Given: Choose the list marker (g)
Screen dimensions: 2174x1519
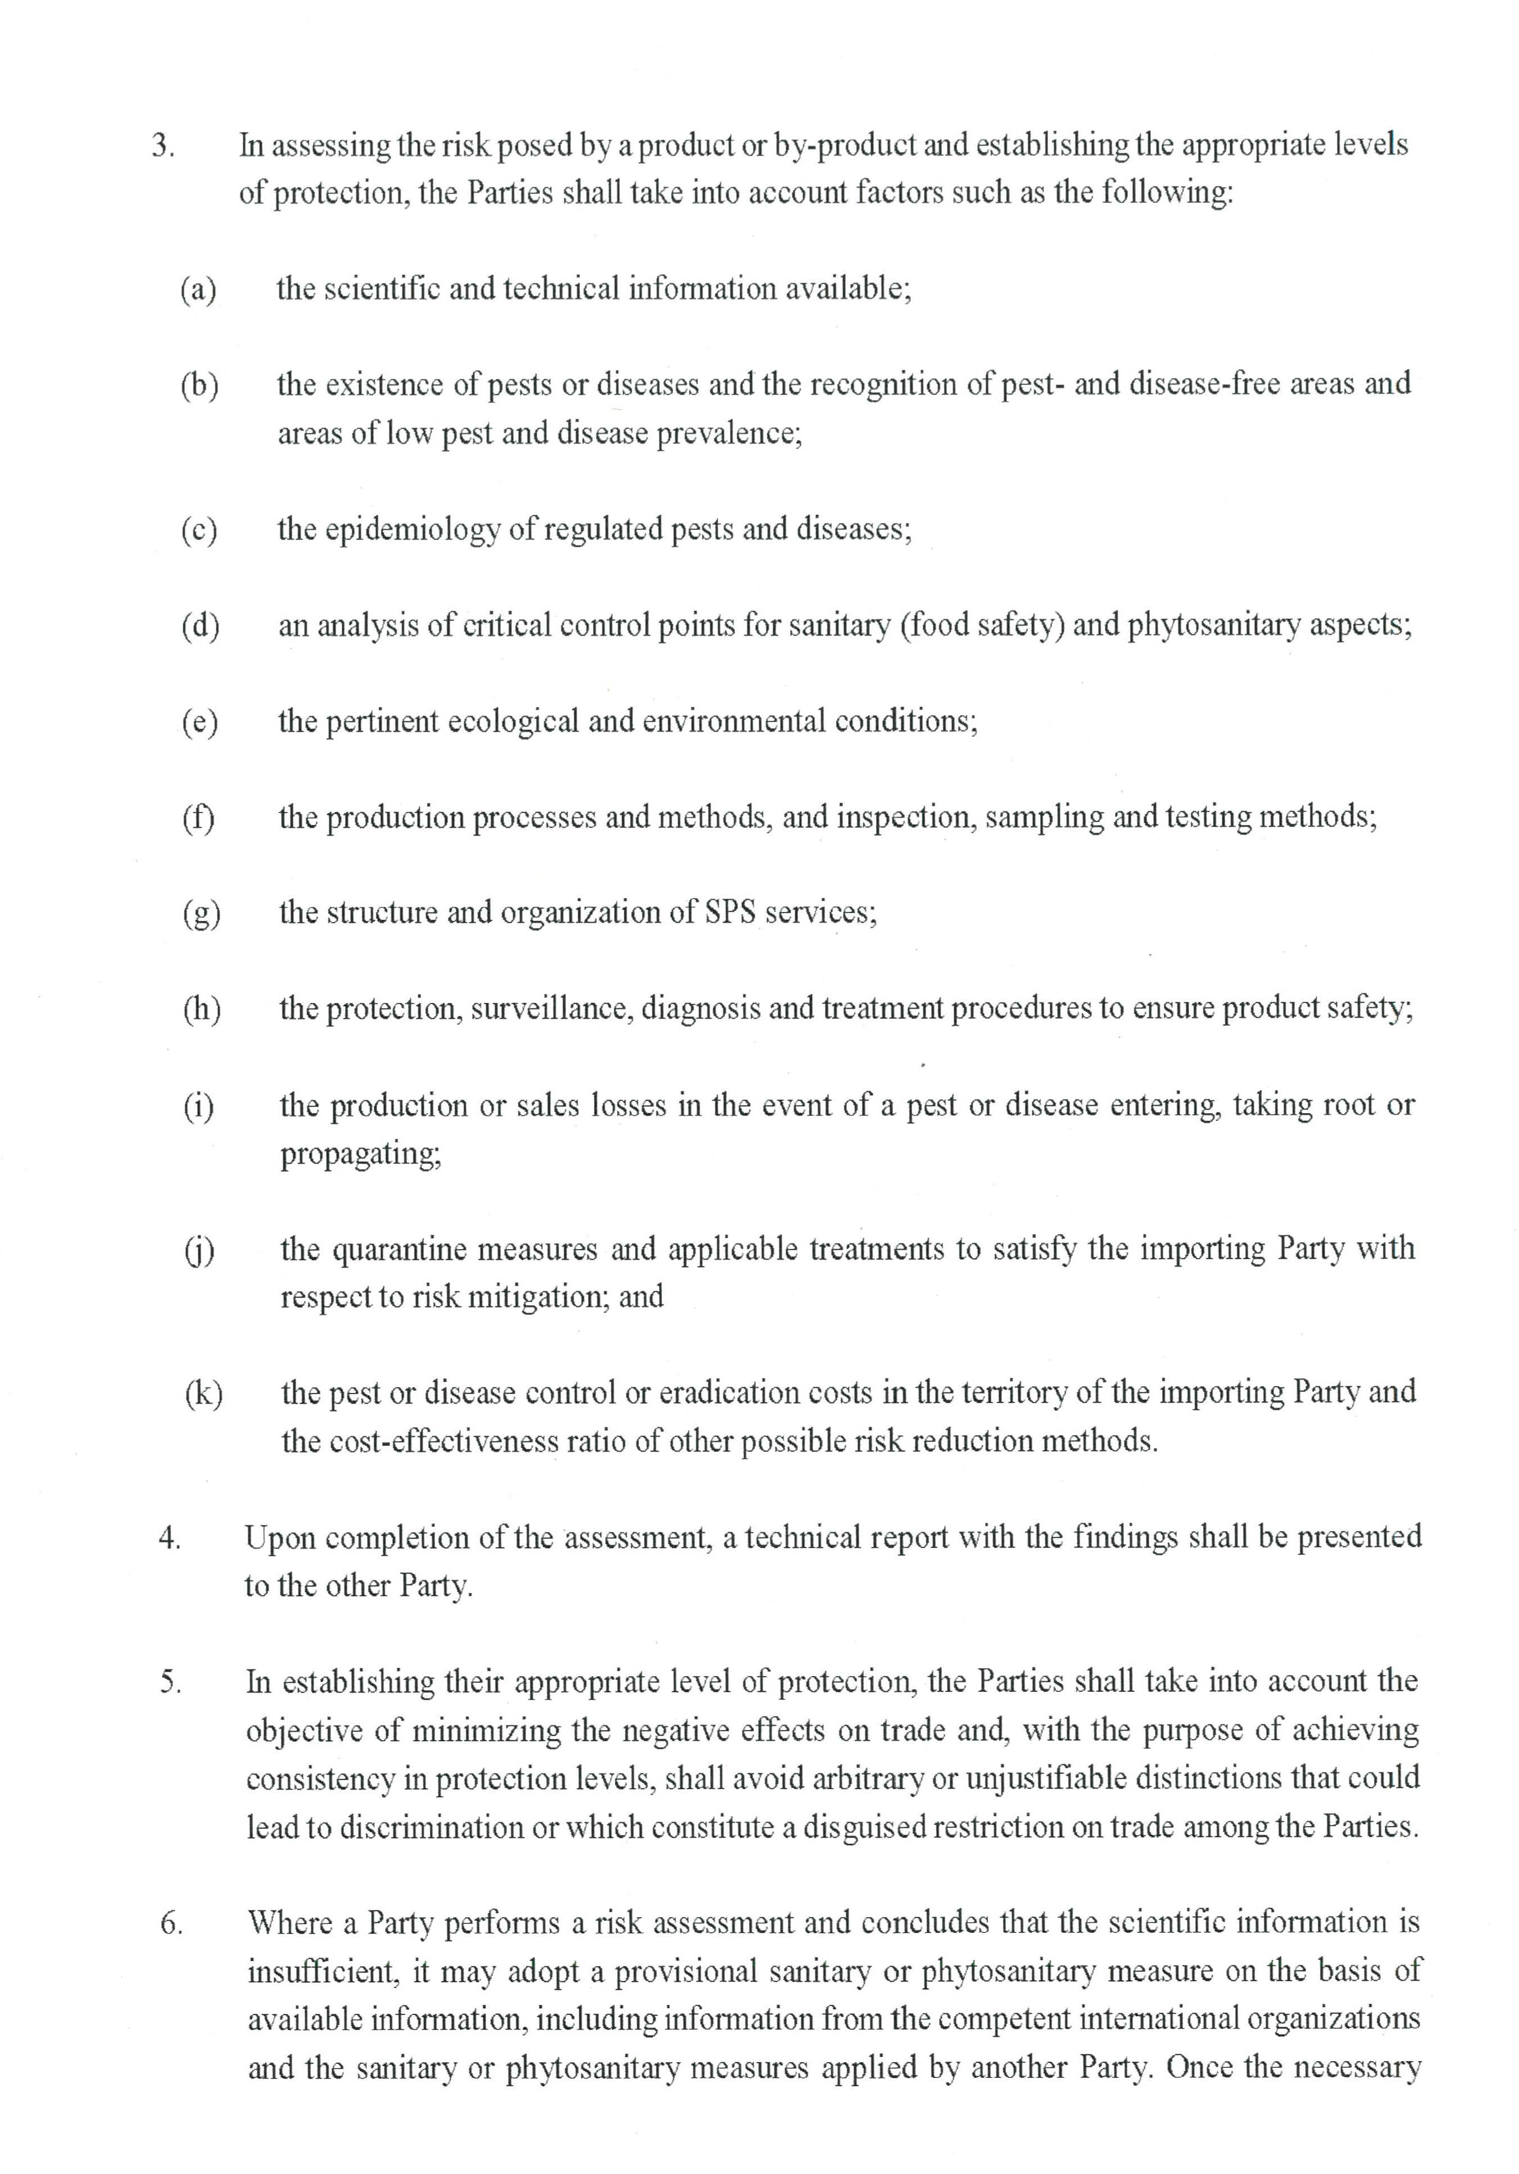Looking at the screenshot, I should pos(201,914).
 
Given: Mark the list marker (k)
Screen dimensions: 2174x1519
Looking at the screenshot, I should pos(203,1394).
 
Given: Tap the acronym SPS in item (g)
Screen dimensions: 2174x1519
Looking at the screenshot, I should pos(731,913).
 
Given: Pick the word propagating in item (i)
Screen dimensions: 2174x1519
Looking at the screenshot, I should pos(360,1154).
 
